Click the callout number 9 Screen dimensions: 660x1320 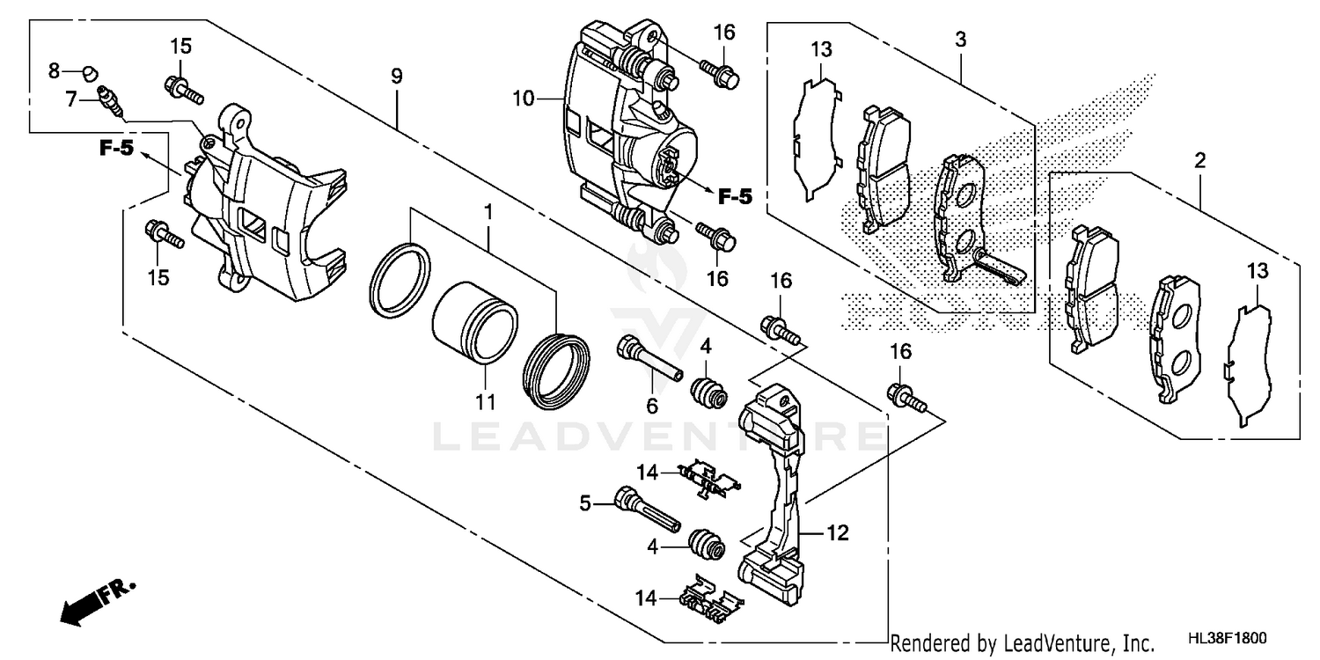coord(397,77)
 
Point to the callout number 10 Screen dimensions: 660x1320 coord(524,99)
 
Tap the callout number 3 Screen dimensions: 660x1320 coord(961,40)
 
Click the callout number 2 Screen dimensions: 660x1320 coord(1199,161)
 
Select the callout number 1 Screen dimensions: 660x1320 coord(487,213)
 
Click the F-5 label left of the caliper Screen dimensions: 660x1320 coord(115,150)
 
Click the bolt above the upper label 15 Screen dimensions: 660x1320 coord(182,87)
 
